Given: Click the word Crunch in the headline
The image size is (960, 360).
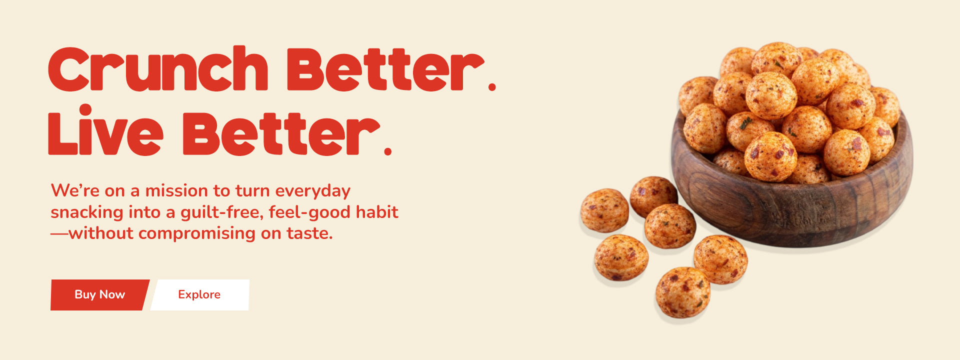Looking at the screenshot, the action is click(158, 68).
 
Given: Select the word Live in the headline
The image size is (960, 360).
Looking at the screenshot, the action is click(105, 129).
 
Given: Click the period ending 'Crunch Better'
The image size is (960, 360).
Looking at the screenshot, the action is click(492, 87).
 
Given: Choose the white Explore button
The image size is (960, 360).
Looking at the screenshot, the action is click(199, 295).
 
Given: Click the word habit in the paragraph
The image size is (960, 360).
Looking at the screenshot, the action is click(377, 212).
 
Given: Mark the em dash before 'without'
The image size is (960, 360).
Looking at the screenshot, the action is click(59, 233).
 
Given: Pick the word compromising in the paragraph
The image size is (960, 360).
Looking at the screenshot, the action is click(196, 234).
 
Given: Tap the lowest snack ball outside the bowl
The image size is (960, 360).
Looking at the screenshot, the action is click(683, 292).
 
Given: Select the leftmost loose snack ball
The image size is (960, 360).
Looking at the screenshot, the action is click(604, 210).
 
